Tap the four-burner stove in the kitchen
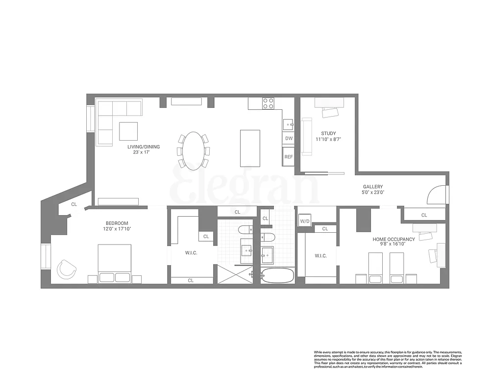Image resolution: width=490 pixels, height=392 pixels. coord(268,103)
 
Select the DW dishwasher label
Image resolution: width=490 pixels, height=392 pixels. coord(289,139)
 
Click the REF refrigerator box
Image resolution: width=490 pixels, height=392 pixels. coord(289,157)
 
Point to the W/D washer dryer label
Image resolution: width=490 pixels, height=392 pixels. coord(304,221)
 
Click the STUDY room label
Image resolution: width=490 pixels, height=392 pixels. coord(328,133)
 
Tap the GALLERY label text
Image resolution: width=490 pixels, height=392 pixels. coord(372,187)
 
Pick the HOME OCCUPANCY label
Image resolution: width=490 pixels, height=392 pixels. coord(393,239)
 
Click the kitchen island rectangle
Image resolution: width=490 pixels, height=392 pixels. coord(250,148)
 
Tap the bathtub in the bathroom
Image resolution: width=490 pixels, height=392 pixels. coord(278,275)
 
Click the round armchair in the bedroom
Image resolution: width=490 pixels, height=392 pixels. coord(66,269)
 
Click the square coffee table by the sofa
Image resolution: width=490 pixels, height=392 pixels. coord(128,131)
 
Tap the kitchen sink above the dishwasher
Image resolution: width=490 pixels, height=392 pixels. coord(289,124)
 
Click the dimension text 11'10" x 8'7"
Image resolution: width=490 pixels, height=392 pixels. coord(328,139)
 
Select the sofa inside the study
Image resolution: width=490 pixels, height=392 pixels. coord(307,137)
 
